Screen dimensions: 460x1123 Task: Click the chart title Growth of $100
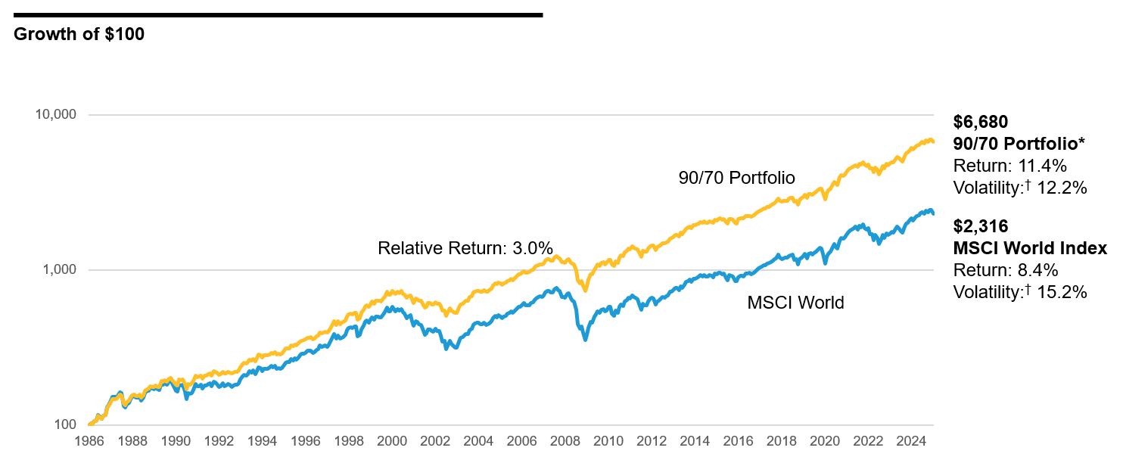coord(79,34)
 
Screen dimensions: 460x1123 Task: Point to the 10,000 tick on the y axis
coord(56,115)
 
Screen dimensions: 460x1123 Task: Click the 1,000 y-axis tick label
coord(61,270)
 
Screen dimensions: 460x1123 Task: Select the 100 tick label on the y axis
coord(67,425)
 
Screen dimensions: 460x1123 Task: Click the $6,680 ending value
coord(981,122)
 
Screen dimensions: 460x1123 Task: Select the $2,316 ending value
coord(981,226)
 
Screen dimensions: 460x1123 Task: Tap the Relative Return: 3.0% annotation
coord(465,248)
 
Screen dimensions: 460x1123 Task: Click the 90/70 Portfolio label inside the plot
coord(736,178)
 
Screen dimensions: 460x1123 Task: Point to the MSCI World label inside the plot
coord(795,303)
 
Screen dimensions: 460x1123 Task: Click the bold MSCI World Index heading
coord(1030,249)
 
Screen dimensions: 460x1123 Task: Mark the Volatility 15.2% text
coord(1020,292)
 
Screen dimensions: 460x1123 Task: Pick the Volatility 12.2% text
coord(1020,188)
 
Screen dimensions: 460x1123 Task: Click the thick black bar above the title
coord(278,14)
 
